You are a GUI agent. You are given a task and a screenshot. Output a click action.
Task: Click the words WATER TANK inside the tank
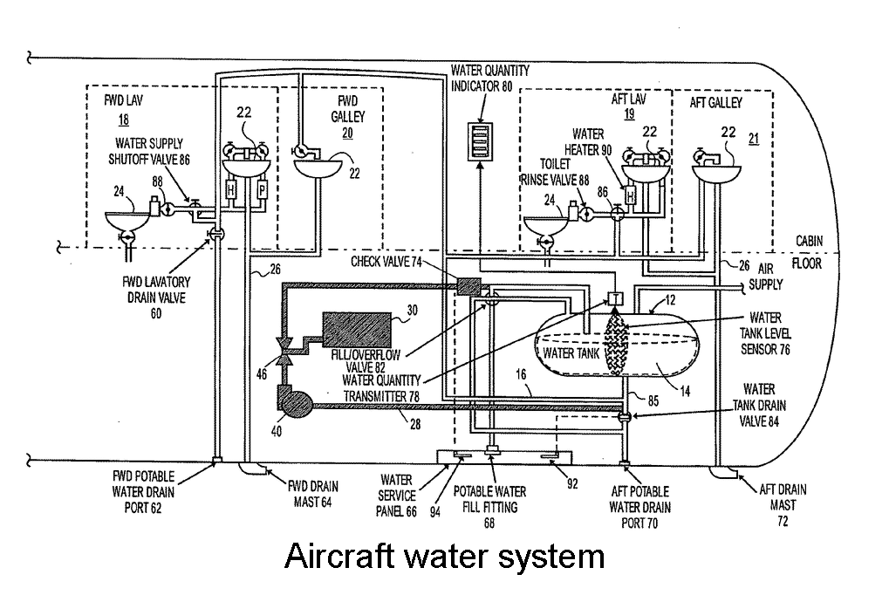(571, 353)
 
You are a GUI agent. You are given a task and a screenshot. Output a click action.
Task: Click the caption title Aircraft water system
(444, 557)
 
